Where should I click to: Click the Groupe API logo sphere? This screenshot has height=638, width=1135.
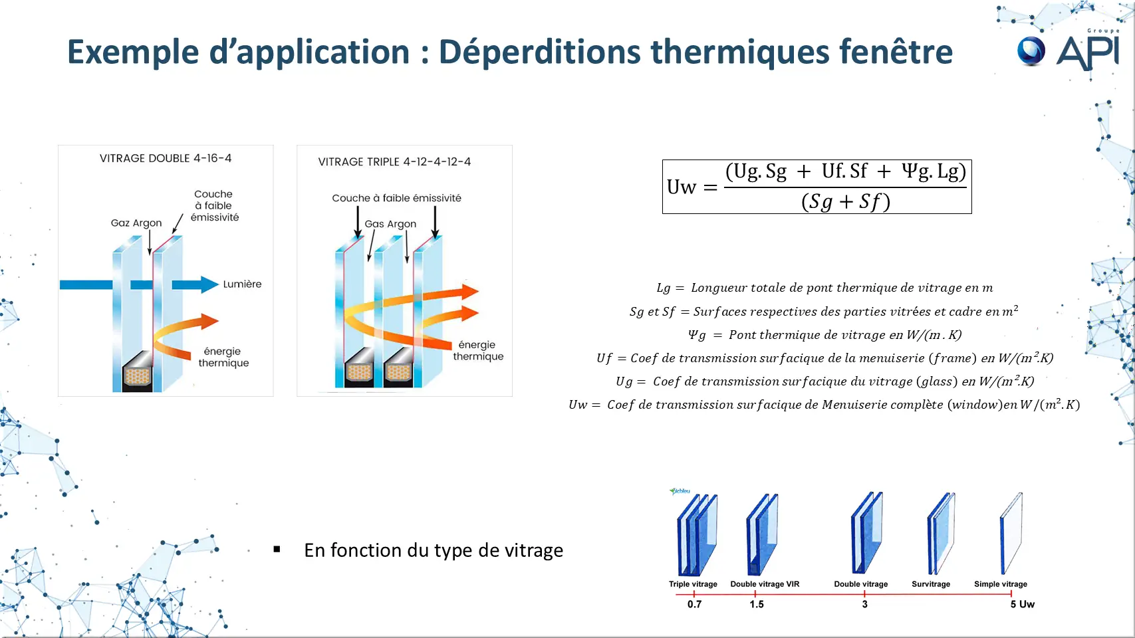[1031, 51]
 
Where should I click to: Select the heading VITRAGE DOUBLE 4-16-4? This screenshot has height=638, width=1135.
[166, 158]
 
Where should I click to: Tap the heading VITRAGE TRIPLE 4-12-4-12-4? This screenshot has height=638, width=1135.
[394, 162]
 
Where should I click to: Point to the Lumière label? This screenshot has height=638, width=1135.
[242, 284]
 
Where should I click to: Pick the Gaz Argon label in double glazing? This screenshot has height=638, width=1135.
[136, 223]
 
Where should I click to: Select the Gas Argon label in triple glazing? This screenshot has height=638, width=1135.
[390, 224]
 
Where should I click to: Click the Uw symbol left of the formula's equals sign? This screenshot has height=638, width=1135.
[681, 187]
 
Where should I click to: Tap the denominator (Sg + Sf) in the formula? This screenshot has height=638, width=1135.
[846, 201]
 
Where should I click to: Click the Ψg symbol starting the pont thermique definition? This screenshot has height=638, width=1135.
[697, 335]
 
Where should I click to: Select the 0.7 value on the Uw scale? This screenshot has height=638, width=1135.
[694, 604]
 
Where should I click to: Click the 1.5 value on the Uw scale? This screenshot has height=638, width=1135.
[757, 604]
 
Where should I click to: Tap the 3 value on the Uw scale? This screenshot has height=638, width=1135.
[864, 604]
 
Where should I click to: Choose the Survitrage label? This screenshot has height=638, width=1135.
[931, 584]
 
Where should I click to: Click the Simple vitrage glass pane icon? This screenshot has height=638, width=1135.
[1011, 533]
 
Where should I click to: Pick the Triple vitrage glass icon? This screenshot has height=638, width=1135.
[697, 534]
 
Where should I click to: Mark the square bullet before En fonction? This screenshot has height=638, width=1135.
[277, 550]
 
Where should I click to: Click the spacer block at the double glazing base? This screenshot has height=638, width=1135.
[138, 372]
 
